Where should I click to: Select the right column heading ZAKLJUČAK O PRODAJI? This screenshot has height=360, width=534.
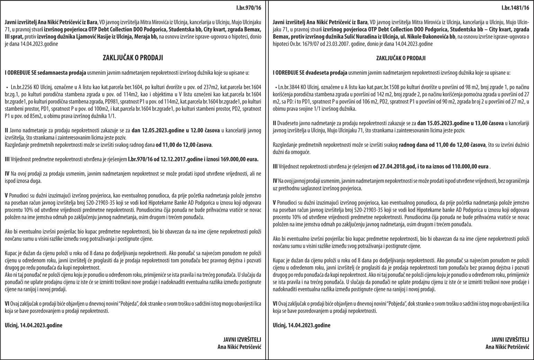click(x=401, y=58)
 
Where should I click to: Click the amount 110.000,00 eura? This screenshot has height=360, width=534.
click(x=470, y=166)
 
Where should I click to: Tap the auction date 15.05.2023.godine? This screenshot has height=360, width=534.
click(x=439, y=123)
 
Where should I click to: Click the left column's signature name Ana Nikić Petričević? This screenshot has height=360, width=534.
click(x=239, y=346)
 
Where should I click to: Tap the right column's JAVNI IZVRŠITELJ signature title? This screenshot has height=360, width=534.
click(x=510, y=339)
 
